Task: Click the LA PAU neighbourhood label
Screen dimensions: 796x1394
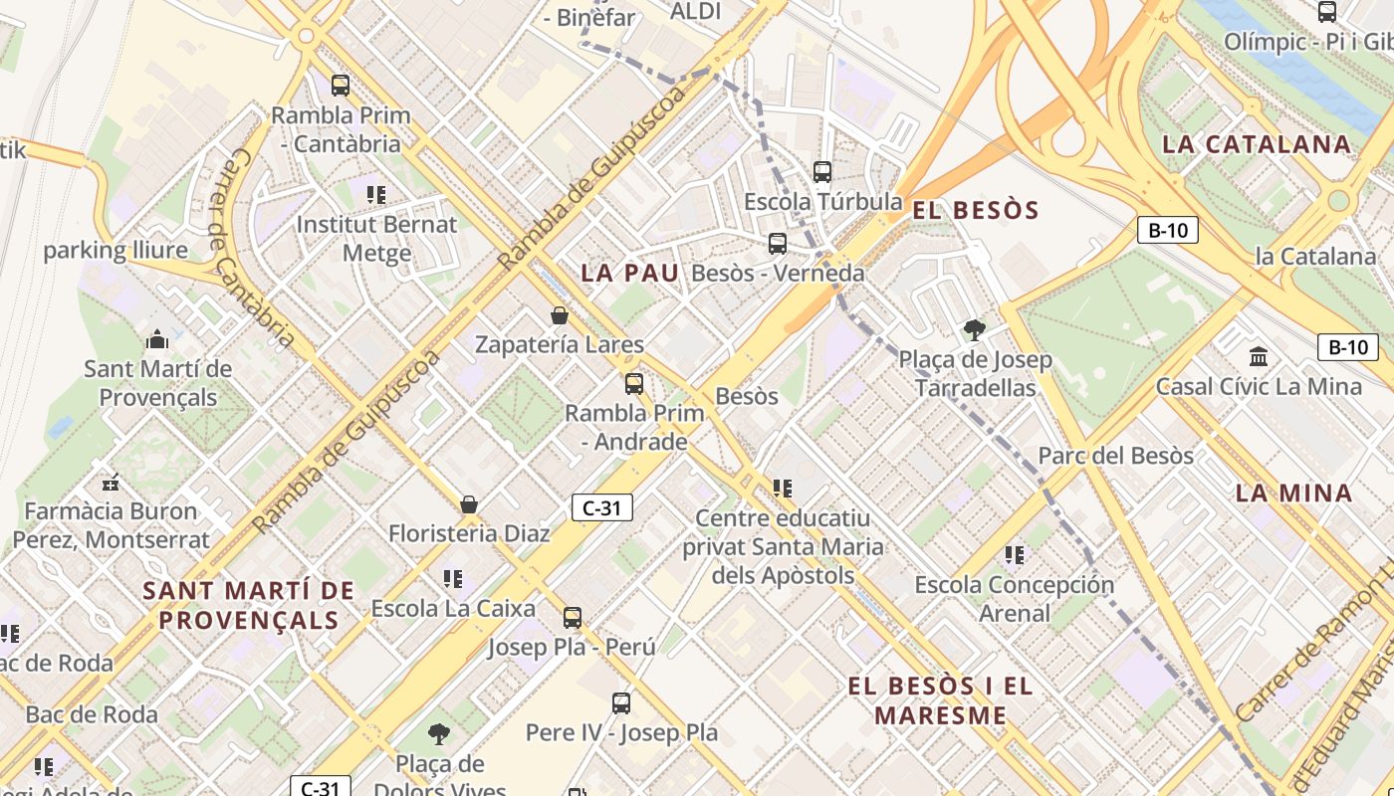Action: click(x=629, y=273)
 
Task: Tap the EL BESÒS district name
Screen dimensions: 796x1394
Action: click(x=975, y=210)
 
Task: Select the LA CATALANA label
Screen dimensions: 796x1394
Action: click(x=1257, y=144)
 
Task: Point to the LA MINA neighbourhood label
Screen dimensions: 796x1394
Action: click(x=1293, y=493)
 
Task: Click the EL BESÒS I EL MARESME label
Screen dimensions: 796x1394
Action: click(x=941, y=699)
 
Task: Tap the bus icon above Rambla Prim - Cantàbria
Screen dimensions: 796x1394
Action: click(x=341, y=86)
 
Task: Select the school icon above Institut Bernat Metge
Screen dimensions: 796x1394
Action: click(x=375, y=194)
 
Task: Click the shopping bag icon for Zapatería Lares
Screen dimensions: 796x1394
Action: click(x=560, y=315)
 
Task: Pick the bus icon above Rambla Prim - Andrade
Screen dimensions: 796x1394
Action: click(x=634, y=383)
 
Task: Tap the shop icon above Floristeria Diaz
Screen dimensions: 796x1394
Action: click(x=469, y=504)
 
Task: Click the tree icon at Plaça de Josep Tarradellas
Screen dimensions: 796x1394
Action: click(x=975, y=330)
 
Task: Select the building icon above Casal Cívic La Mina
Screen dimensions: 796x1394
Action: click(x=1259, y=356)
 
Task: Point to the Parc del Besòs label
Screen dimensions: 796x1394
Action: click(x=1115, y=456)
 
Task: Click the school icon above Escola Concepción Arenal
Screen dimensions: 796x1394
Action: click(x=1014, y=554)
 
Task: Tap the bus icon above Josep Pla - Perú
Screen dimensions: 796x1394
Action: click(x=573, y=617)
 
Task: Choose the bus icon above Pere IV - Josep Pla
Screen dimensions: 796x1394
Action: click(x=621, y=703)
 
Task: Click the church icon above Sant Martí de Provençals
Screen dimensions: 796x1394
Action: click(x=157, y=340)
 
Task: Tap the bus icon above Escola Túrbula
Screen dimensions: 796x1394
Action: click(x=822, y=172)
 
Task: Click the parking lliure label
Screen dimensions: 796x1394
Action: click(x=115, y=250)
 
